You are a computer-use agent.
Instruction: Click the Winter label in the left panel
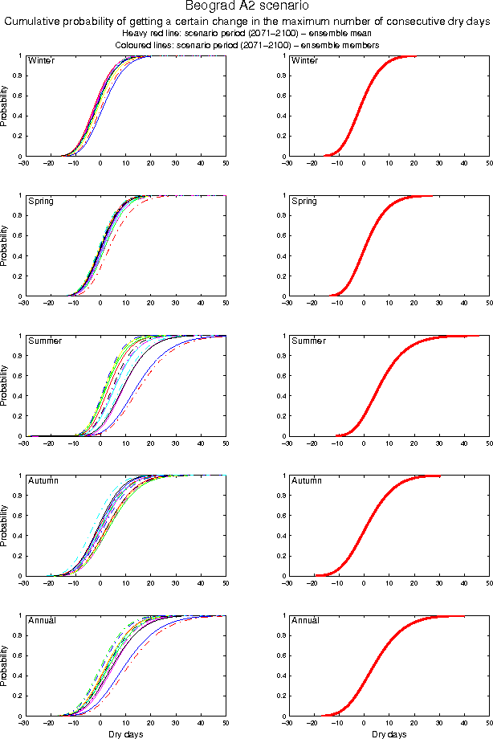coord(41,61)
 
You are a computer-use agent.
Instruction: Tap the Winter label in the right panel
coord(305,61)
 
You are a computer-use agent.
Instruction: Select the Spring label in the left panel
coord(41,201)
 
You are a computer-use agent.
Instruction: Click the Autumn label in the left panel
coord(43,480)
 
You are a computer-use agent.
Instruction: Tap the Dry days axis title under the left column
coord(124,734)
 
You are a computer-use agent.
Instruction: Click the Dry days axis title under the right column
coord(389,734)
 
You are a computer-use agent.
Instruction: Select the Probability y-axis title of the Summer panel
coord(5,386)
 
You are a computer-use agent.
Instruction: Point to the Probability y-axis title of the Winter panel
coord(5,106)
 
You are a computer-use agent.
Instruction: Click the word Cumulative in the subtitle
coord(35,22)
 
